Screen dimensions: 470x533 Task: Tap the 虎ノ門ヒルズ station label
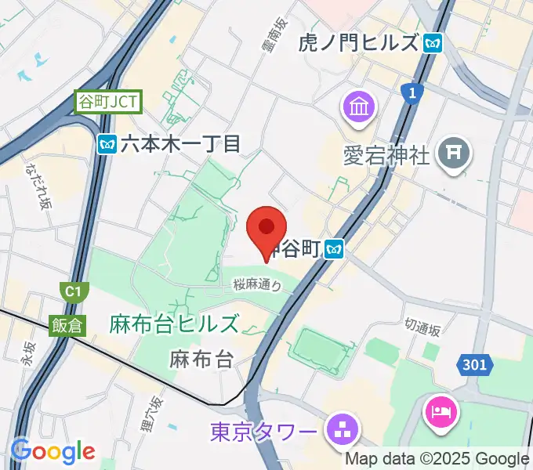tap(359, 43)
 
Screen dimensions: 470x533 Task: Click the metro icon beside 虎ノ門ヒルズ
tap(432, 43)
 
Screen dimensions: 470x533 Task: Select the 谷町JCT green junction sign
tap(108, 101)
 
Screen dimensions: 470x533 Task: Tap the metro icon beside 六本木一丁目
tap(107, 143)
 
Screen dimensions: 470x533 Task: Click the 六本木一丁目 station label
tap(179, 143)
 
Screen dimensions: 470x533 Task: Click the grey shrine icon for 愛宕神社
tap(455, 153)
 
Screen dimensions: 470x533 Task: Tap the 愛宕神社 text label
tap(387, 154)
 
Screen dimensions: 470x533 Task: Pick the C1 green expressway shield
tap(73, 292)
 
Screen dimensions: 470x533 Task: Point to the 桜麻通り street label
tap(257, 286)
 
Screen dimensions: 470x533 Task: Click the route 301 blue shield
tap(473, 364)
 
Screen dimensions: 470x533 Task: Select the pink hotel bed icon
tap(440, 412)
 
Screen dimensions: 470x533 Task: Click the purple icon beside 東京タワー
tap(342, 428)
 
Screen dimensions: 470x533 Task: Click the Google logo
tap(53, 451)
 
